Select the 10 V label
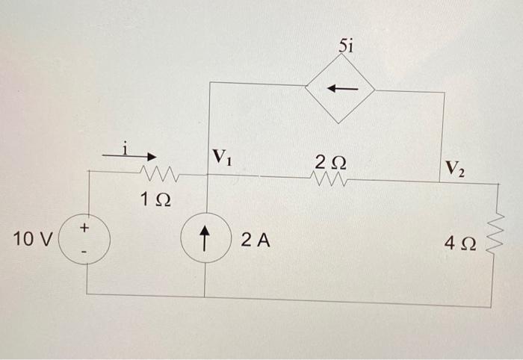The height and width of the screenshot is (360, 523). [33, 240]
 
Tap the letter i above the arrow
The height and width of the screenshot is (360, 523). [126, 146]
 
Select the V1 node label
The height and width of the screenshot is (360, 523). [222, 157]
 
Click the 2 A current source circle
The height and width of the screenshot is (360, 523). [205, 240]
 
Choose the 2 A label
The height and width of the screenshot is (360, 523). [256, 240]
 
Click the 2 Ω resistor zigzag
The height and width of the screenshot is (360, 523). [329, 179]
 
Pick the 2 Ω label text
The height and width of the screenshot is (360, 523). [329, 161]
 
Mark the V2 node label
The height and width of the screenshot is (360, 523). [454, 167]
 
